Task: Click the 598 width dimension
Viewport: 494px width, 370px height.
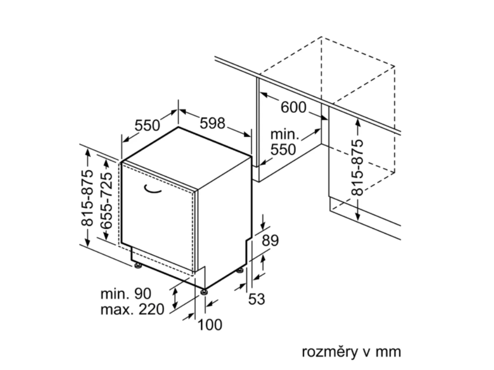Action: pyautogui.click(x=213, y=123)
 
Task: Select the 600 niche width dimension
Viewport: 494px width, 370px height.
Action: pyautogui.click(x=293, y=107)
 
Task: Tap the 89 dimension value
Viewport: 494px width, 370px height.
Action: pyautogui.click(x=270, y=240)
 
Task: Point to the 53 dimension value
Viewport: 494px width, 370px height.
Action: pyautogui.click(x=257, y=299)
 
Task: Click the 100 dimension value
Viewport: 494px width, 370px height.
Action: pyautogui.click(x=210, y=325)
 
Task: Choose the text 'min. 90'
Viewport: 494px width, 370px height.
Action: pyautogui.click(x=126, y=293)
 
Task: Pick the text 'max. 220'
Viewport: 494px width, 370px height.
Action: pyautogui.click(x=132, y=309)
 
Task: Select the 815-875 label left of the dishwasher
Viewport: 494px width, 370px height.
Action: pyautogui.click(x=87, y=198)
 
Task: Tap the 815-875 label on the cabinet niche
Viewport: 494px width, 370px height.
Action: pyautogui.click(x=357, y=168)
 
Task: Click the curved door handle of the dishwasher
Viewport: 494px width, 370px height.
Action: pyautogui.click(x=154, y=190)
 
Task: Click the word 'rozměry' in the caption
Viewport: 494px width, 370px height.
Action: pyautogui.click(x=329, y=352)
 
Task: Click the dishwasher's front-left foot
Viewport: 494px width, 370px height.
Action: pyautogui.click(x=138, y=264)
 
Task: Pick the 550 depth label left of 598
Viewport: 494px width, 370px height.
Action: pyautogui.click(x=147, y=125)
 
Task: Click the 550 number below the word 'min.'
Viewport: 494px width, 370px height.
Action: pyautogui.click(x=283, y=149)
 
